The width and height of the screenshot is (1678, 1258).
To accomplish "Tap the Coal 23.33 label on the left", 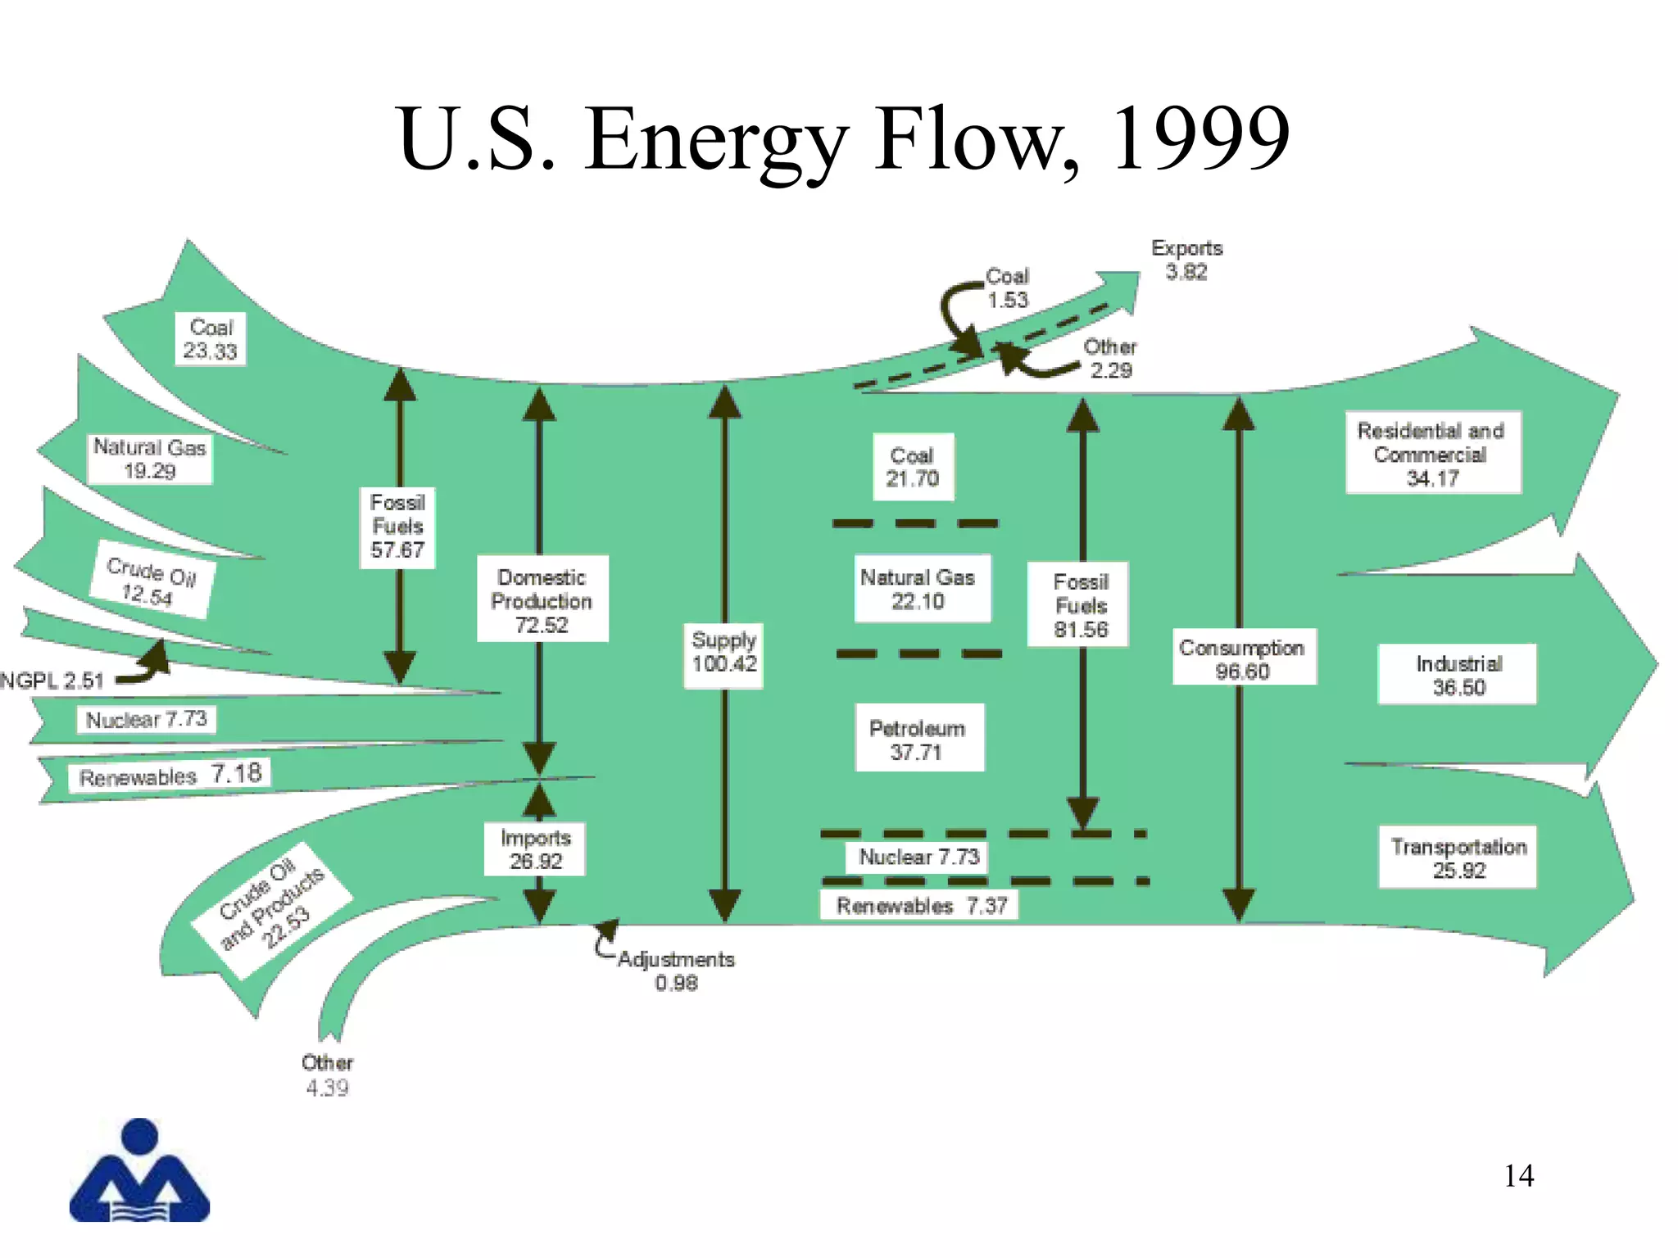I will tap(211, 338).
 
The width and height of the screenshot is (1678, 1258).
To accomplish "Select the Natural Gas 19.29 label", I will tap(150, 459).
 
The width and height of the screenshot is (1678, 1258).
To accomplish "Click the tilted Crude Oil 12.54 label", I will tap(151, 580).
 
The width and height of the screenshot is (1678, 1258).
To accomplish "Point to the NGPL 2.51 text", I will tap(52, 681).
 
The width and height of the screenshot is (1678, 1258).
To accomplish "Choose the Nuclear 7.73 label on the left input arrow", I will tap(146, 719).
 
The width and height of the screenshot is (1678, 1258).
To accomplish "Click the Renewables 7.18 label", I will tap(170, 775).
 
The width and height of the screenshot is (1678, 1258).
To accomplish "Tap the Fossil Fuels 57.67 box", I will tap(397, 527).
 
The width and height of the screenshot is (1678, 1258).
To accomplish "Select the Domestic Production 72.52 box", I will tap(542, 600).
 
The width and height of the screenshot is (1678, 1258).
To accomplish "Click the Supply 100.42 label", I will tap(724, 652).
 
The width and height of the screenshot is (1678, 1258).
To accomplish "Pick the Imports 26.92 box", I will tap(536, 849).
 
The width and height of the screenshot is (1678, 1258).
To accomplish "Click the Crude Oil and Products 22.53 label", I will tap(272, 909).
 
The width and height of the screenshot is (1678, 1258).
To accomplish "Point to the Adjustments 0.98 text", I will tap(676, 970).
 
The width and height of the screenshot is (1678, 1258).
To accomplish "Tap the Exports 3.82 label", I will tap(1186, 260).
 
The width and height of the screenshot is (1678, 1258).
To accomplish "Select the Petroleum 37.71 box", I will tap(918, 740).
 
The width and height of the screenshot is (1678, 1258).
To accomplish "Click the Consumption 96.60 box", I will tap(1242, 658).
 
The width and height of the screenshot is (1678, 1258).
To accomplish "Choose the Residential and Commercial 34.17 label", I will tap(1431, 454).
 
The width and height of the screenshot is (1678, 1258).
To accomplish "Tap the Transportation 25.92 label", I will tap(1458, 858).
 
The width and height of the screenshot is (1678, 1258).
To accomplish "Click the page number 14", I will tap(1518, 1176).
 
